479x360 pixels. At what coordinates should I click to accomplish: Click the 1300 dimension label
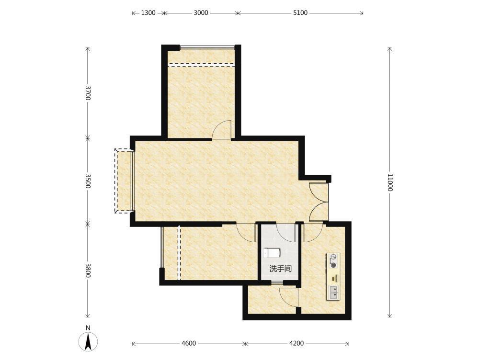point(148,13)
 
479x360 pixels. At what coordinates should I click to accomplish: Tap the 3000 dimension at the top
point(201,13)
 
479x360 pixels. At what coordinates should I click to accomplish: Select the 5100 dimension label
point(300,13)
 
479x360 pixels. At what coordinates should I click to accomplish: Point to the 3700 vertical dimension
point(88,93)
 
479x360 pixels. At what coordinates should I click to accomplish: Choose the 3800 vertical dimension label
point(88,270)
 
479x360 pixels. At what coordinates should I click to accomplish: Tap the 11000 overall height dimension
point(390,182)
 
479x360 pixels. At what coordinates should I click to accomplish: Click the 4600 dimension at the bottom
point(189,344)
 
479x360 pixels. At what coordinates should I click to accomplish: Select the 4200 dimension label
point(297,344)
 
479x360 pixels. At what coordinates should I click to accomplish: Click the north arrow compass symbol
point(88,341)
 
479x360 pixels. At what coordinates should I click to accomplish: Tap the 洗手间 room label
point(280,269)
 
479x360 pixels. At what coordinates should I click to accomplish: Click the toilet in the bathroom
point(272,253)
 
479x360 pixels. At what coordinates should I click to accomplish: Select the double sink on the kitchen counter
point(333,292)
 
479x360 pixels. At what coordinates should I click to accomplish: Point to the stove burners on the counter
point(333,261)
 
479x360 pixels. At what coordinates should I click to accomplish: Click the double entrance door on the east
point(319,202)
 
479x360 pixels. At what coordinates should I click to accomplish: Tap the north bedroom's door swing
point(222,130)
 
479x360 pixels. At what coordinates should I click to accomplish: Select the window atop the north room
point(207,47)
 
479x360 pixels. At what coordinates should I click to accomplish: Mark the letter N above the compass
point(88,328)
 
